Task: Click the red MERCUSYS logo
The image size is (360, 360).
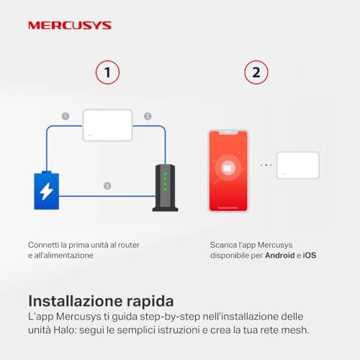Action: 70,25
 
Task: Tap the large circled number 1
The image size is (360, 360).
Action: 107,72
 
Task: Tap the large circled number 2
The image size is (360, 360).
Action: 256,72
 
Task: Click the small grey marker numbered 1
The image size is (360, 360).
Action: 66,117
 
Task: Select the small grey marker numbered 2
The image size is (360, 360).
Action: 148,117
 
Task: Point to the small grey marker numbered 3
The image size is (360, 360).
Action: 107,186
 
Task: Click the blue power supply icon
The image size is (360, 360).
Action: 47,190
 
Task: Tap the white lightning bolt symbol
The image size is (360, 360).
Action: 46,192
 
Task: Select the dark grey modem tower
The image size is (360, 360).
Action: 165,188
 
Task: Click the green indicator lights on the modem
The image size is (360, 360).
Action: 165,181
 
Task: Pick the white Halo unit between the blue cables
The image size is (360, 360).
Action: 107,125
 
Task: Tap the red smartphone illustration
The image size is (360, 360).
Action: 228,171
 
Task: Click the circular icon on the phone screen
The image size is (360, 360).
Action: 228,168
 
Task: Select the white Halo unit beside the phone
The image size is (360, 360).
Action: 298,166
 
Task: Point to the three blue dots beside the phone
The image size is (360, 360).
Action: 266,165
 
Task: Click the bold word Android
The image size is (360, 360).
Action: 280,255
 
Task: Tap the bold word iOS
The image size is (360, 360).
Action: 310,255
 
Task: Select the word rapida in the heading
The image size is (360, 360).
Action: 150,301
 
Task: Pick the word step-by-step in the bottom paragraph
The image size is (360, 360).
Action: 170,317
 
